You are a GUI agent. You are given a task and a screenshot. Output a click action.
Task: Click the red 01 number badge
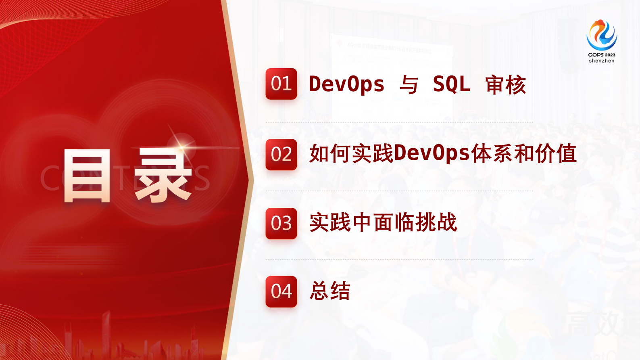pos(281,84)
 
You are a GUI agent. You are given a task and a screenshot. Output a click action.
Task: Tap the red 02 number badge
pos(281,155)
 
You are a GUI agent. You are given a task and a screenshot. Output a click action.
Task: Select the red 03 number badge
pos(281,224)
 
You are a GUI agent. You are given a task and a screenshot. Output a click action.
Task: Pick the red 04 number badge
pos(281,292)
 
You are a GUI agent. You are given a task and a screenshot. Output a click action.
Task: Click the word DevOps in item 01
pos(346,84)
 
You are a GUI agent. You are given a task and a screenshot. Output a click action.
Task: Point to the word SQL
pos(451,84)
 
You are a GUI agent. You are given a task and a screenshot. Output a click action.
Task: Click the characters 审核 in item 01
pos(505,85)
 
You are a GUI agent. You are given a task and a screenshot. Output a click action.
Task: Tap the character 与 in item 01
pos(409,85)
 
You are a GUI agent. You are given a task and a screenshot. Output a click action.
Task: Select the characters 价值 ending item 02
pos(557,153)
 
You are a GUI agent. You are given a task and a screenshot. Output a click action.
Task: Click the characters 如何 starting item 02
pos(330,153)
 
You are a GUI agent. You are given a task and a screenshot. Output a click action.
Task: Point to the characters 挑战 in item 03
pos(436,222)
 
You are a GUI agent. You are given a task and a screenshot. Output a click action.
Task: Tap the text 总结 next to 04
pos(330,291)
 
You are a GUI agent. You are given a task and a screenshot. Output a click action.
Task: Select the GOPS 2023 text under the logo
pos(601,55)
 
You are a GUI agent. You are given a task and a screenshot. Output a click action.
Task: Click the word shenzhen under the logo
pos(601,61)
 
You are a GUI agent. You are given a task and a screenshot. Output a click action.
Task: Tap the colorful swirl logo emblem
pos(601,35)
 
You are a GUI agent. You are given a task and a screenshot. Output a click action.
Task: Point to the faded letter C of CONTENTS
pos(50,178)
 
